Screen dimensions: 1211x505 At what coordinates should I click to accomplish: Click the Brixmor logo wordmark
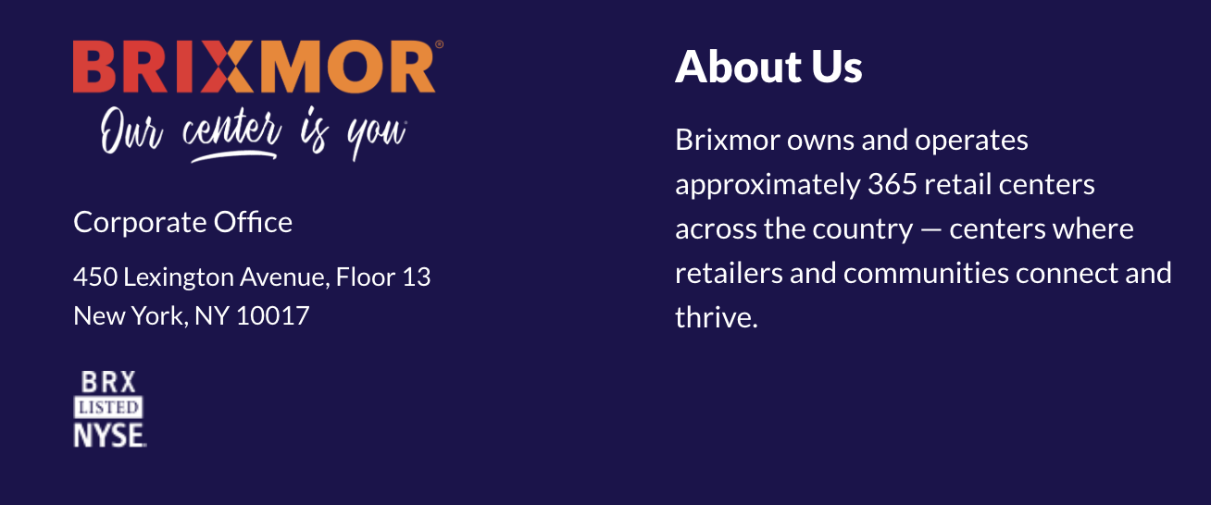254,67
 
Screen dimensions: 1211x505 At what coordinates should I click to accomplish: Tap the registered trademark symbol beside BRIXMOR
439,44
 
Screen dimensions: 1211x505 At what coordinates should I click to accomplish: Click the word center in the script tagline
231,129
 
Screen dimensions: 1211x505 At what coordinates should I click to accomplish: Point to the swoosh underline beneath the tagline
234,156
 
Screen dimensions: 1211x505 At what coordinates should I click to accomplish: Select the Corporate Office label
182,222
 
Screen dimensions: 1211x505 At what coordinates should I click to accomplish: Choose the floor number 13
417,277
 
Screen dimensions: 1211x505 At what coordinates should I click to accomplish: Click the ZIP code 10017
273,316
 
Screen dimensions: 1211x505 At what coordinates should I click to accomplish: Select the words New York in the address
131,316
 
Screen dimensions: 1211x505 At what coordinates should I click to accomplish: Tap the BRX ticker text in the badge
108,382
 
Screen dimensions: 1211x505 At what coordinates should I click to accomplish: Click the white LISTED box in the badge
108,407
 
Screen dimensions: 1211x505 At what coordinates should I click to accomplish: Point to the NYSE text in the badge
109,435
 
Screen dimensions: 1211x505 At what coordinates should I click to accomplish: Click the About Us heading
768,67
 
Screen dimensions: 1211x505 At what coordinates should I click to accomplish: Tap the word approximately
768,186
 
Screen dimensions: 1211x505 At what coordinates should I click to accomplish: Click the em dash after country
931,229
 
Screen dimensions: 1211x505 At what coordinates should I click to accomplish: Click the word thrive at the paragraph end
713,317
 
